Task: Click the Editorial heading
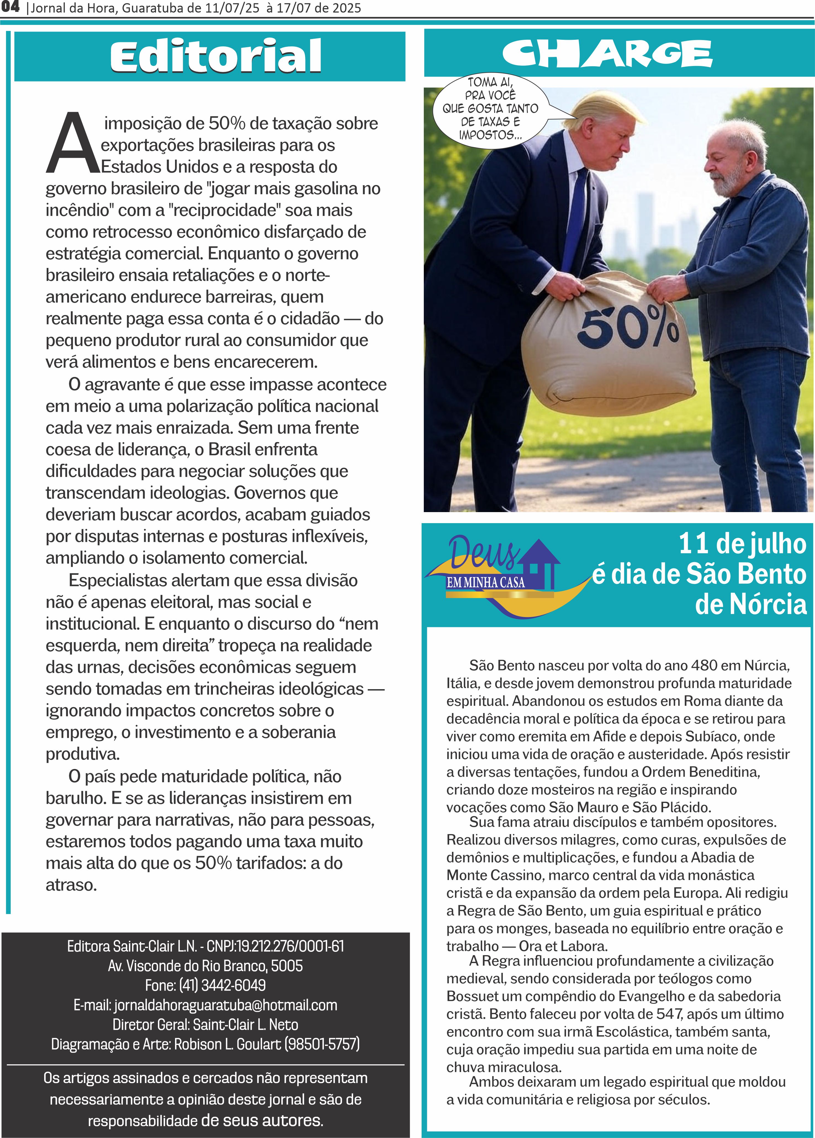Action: pyautogui.click(x=216, y=56)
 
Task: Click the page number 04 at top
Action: pyautogui.click(x=10, y=7)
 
